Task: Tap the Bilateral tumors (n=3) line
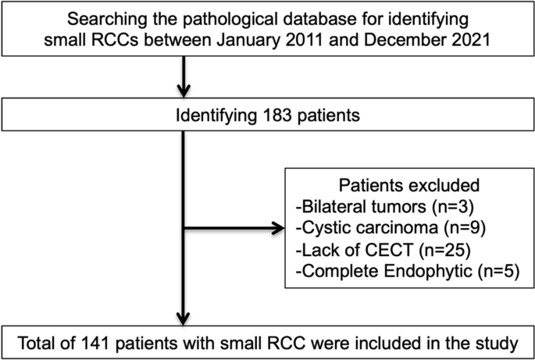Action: [374, 208]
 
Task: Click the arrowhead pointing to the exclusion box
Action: [278, 229]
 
